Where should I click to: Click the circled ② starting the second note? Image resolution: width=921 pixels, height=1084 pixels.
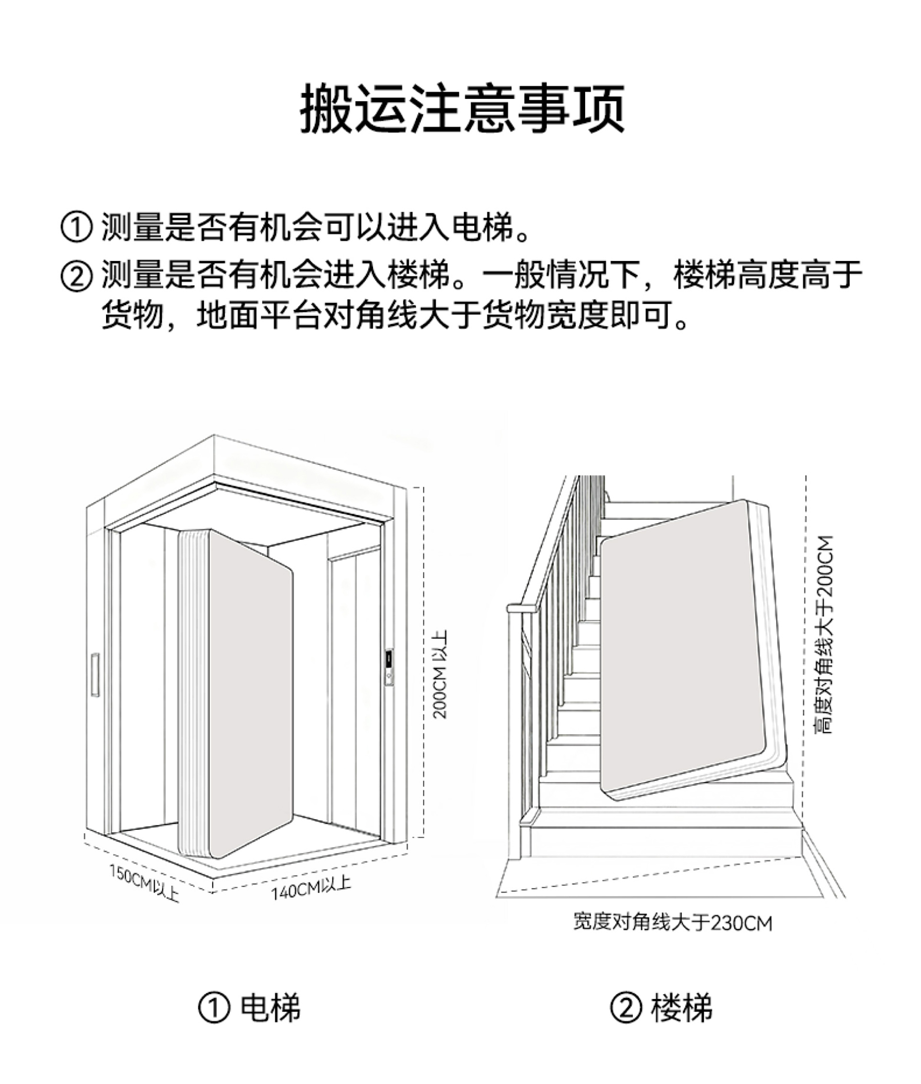(x=77, y=275)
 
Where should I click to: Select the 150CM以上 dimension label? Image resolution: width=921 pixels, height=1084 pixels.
(x=144, y=882)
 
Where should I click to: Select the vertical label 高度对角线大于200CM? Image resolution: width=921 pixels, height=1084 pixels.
(x=825, y=634)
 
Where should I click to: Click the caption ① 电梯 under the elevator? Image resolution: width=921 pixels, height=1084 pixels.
(x=249, y=1007)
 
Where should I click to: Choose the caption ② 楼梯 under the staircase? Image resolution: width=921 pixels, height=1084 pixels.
(x=661, y=1007)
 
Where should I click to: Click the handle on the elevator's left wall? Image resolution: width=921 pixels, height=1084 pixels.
(x=94, y=674)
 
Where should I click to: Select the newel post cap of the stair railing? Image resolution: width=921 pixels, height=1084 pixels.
(x=522, y=608)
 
